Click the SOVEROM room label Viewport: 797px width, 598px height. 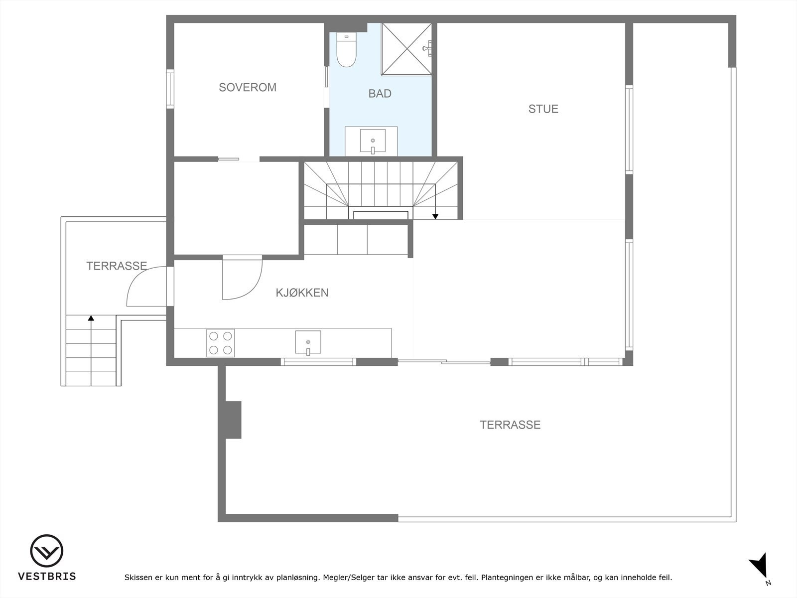click(x=248, y=87)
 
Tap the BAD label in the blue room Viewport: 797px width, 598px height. click(x=380, y=94)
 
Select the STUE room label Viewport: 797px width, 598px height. click(x=543, y=109)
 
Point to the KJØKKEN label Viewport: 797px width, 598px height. click(x=302, y=293)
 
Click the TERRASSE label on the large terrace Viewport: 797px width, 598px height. click(x=510, y=425)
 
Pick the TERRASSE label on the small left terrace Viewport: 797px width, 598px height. click(x=117, y=266)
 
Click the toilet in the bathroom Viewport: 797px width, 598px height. click(x=346, y=51)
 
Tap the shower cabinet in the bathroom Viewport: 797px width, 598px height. click(x=406, y=50)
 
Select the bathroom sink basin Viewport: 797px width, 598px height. click(x=373, y=141)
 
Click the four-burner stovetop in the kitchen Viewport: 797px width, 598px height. click(x=221, y=343)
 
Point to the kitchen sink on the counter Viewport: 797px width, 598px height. click(x=308, y=342)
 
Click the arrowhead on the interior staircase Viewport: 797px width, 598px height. click(x=435, y=216)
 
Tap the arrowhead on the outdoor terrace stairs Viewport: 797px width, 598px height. click(x=91, y=317)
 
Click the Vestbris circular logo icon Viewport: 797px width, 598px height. click(x=47, y=551)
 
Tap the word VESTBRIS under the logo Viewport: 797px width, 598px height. click(x=47, y=577)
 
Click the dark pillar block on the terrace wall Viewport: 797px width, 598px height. click(x=233, y=420)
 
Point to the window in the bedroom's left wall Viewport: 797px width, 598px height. click(x=170, y=89)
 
